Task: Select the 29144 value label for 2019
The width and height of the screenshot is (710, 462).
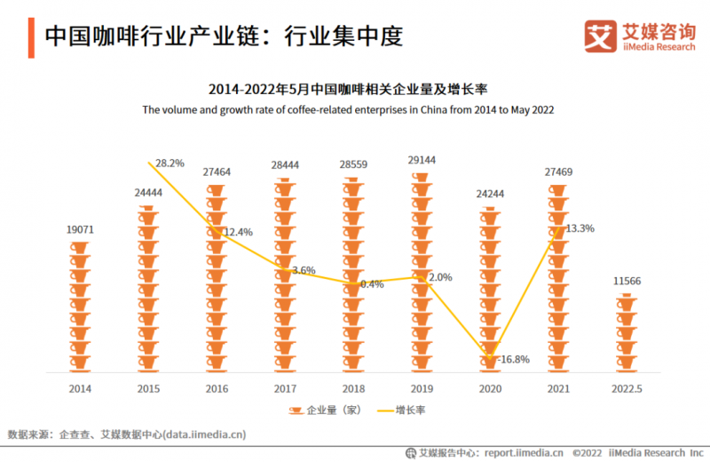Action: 423,160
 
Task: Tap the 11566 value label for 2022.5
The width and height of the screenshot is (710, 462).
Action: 627,282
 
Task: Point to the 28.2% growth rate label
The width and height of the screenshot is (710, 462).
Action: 170,163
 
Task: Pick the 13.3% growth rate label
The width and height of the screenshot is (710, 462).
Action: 580,228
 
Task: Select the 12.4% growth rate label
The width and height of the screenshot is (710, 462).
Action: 237,232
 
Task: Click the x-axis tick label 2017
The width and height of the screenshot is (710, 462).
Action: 285,388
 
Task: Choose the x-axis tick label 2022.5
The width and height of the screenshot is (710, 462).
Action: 627,388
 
